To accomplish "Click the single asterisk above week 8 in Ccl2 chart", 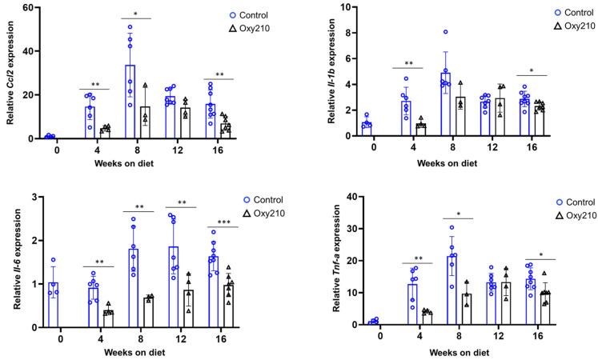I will click(x=137, y=14).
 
